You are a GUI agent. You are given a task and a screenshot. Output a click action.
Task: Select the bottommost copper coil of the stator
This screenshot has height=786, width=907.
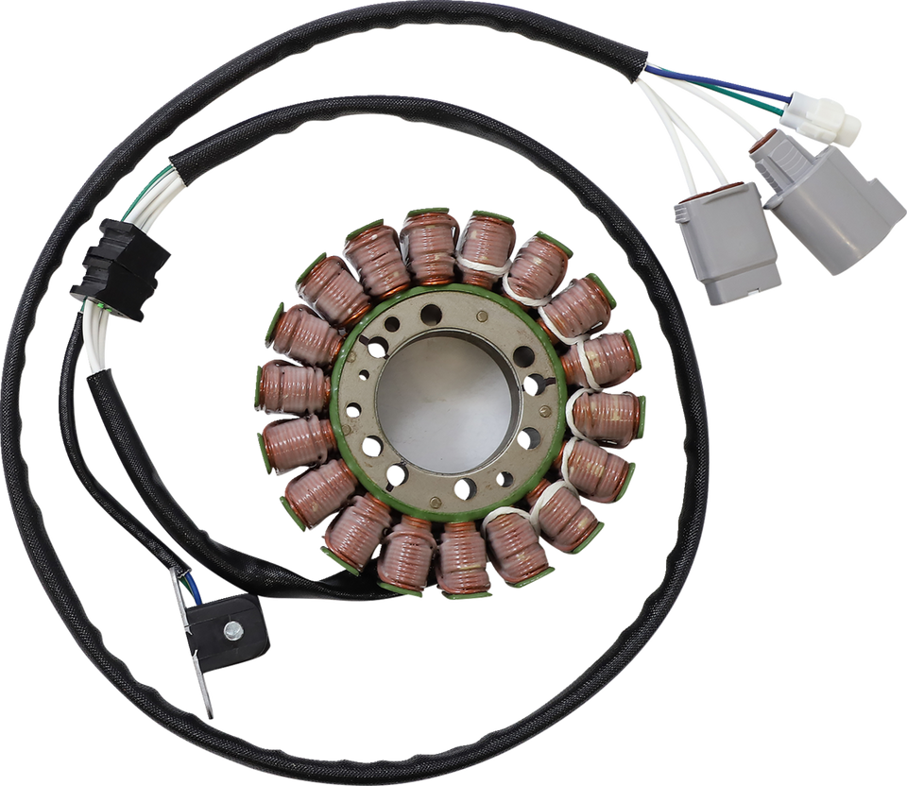click(x=463, y=557)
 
